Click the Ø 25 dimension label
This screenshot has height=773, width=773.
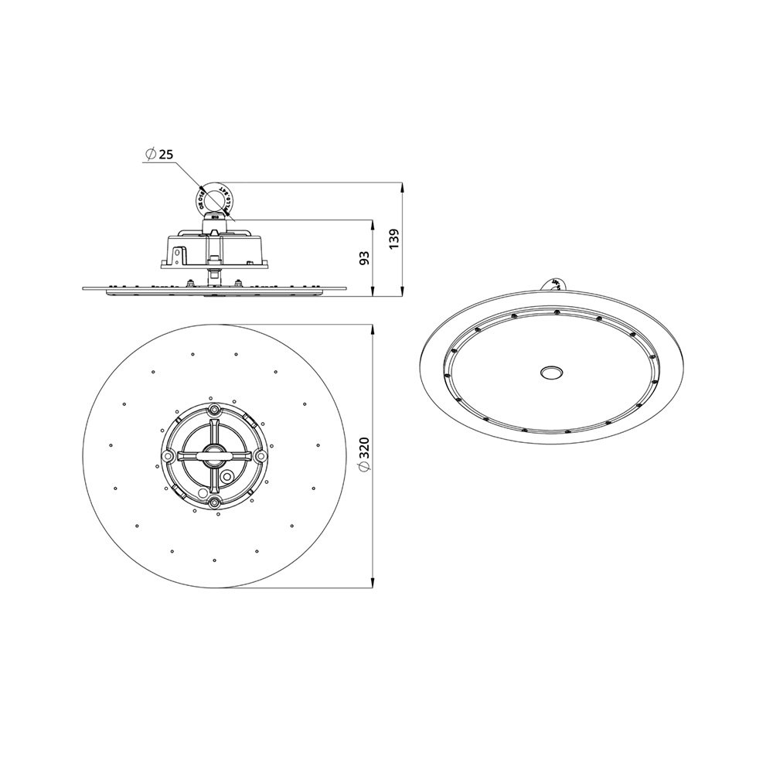(158, 155)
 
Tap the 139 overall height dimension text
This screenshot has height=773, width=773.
(394, 239)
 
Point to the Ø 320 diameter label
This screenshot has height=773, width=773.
(365, 457)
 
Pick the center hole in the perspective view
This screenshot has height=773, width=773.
(552, 372)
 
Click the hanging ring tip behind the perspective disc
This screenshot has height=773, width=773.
(555, 284)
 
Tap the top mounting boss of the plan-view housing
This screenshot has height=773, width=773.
(214, 409)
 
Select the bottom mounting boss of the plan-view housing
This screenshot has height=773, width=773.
(214, 505)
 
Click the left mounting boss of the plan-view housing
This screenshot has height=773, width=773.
(166, 457)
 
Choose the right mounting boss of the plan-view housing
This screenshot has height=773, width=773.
(262, 457)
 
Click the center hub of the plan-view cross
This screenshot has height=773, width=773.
(214, 457)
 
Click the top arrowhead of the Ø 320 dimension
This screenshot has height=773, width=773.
(373, 329)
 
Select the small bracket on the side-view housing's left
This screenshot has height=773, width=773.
(179, 254)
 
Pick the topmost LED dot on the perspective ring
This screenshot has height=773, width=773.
(556, 312)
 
